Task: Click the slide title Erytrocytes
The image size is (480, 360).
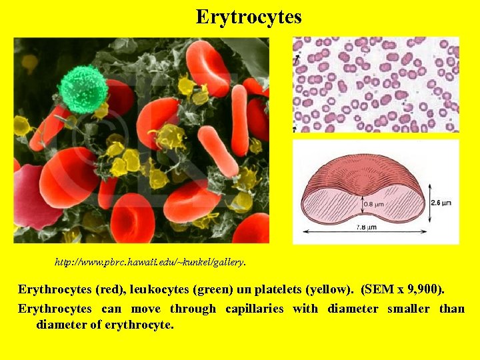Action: [249, 17]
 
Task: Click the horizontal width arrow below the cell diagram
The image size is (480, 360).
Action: [364, 233]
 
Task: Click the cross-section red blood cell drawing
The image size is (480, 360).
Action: [363, 194]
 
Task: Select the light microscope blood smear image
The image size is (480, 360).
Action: [376, 84]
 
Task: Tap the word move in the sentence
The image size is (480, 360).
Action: [145, 309]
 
